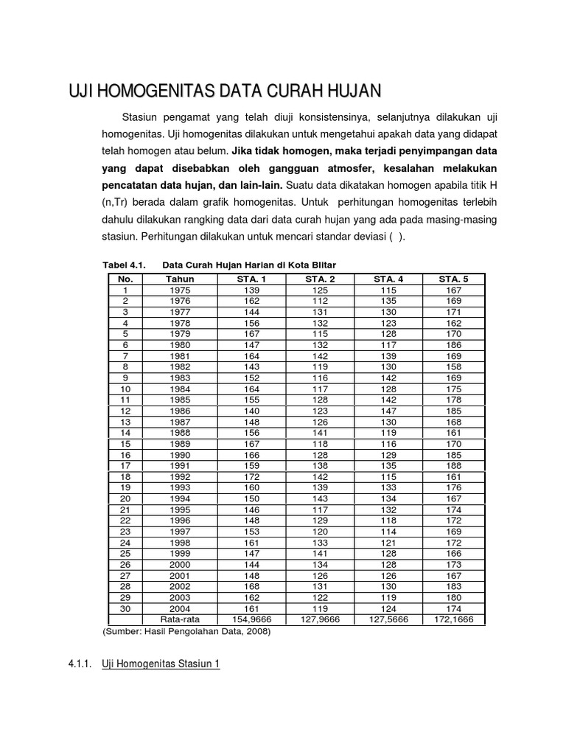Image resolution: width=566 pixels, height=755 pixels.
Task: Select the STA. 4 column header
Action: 388,279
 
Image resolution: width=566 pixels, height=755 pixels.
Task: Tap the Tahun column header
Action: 180,279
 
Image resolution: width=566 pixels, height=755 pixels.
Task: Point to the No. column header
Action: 125,279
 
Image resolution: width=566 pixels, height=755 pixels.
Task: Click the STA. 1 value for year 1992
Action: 251,477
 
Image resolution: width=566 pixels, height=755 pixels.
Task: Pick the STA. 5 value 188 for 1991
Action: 454,466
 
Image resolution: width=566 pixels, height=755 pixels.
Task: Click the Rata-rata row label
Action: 180,620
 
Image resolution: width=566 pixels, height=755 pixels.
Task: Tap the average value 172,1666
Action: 454,620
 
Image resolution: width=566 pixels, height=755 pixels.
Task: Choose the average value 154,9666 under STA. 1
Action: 251,620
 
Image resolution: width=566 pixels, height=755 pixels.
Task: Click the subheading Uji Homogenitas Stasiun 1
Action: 161,664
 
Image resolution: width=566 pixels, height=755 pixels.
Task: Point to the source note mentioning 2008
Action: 186,632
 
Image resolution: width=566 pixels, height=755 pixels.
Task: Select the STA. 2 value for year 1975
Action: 320,290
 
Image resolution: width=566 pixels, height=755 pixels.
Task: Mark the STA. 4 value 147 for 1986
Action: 388,411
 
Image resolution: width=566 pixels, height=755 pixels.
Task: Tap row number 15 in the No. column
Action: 125,444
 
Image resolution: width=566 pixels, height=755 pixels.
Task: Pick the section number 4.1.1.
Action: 78,664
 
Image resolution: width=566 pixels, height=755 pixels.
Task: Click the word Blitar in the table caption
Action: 321,265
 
